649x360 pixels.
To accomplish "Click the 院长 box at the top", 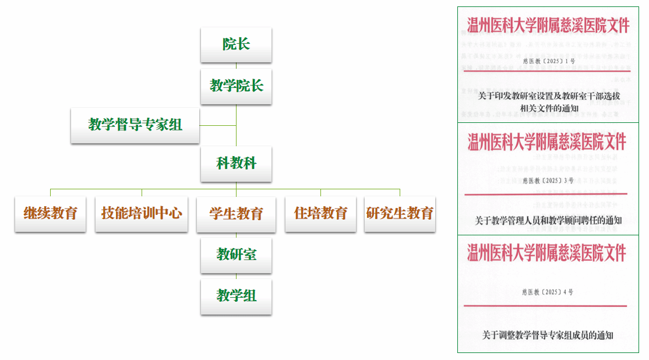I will [236, 44].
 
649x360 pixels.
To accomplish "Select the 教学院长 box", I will [236, 86].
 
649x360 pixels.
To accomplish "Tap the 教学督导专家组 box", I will [135, 125].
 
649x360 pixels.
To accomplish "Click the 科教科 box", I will [236, 163].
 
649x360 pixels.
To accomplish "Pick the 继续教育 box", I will [50, 214].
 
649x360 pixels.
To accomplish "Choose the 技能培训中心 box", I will [142, 214].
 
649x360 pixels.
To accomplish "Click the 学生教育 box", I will [236, 214].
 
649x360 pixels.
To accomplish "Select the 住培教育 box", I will [320, 214].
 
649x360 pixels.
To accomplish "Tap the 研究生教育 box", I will [400, 214].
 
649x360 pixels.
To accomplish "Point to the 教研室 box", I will [236, 255].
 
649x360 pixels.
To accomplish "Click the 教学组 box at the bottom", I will [236, 297].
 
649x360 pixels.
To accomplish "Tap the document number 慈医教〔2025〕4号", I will [548, 292].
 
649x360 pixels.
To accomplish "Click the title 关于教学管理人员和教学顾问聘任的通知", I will [548, 221].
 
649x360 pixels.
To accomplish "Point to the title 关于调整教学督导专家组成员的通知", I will [548, 335].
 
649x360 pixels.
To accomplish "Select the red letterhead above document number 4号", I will [547, 253].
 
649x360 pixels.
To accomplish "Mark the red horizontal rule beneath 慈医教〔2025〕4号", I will [545, 306].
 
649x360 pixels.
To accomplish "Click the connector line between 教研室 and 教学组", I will [236, 276].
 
